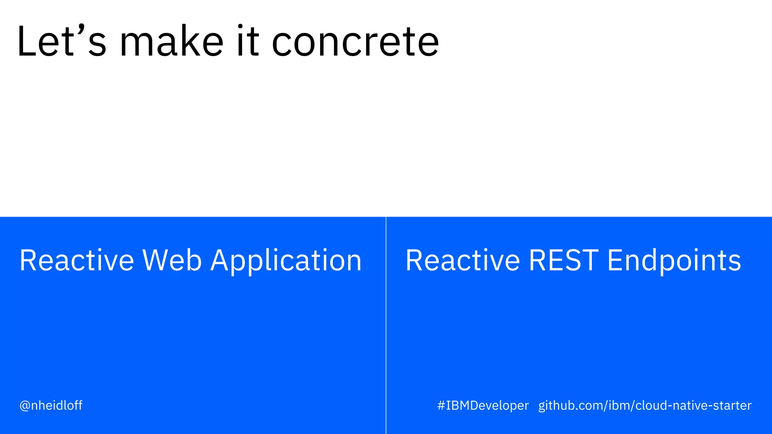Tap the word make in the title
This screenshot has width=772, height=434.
click(172, 41)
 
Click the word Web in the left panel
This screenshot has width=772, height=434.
click(172, 260)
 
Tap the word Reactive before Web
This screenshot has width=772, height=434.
click(77, 260)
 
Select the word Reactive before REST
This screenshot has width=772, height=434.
click(463, 260)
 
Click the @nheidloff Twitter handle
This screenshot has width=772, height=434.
click(51, 405)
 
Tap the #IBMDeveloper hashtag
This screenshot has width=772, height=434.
click(483, 406)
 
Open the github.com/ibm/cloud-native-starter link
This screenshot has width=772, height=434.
click(645, 406)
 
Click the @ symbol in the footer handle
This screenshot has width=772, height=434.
click(25, 406)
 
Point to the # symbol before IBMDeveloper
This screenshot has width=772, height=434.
click(441, 406)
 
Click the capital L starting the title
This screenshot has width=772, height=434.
click(26, 41)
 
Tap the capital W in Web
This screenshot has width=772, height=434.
click(155, 260)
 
